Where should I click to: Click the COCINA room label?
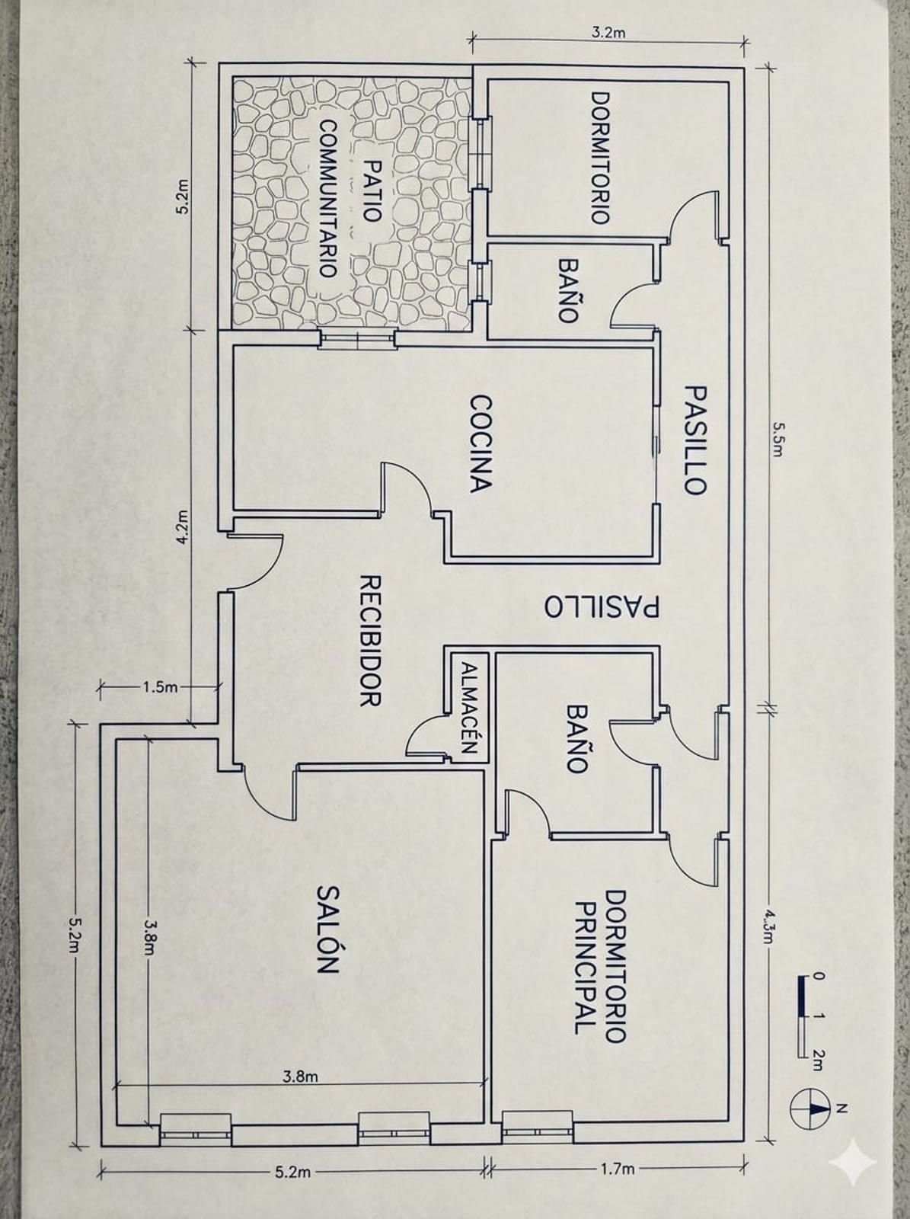point(481,443)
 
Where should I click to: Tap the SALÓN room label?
point(327,929)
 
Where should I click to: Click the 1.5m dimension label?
point(159,687)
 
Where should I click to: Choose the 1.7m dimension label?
point(617,1169)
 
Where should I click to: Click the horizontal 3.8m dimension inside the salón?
point(300,1077)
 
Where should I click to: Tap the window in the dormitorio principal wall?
point(537,1125)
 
